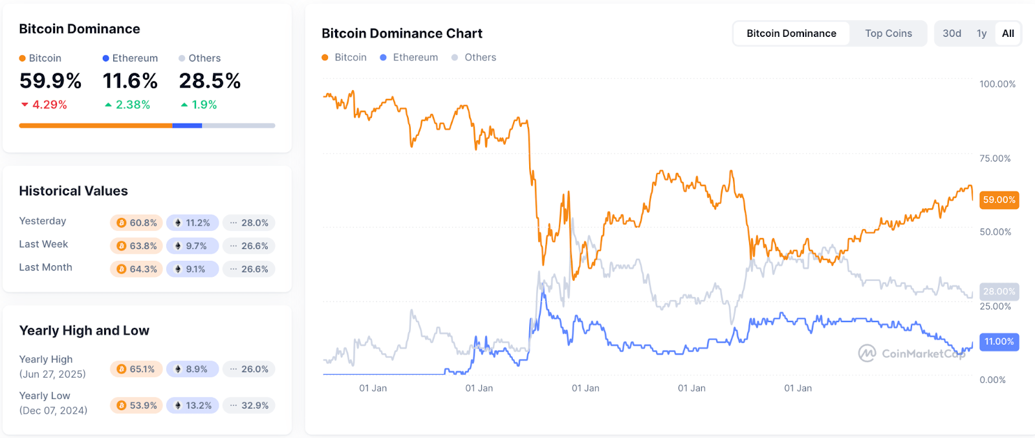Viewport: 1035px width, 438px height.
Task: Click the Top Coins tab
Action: (x=888, y=34)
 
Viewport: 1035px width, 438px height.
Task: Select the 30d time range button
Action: (x=952, y=34)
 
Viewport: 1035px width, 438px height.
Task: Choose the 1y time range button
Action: (x=981, y=34)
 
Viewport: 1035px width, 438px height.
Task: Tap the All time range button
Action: (x=1008, y=34)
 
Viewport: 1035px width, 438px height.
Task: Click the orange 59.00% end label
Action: (x=999, y=200)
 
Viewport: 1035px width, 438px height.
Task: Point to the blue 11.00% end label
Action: (x=999, y=342)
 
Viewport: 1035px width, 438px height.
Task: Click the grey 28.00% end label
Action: (x=999, y=292)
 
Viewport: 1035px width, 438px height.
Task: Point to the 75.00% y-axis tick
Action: (x=995, y=159)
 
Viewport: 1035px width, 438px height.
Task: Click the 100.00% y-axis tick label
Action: (x=997, y=84)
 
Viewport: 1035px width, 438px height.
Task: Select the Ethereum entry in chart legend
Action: (x=415, y=58)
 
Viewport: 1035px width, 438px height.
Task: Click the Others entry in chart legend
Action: (x=479, y=58)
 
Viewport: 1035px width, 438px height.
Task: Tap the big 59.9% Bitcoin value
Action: (x=50, y=81)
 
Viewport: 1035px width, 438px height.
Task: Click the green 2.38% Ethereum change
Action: (x=132, y=105)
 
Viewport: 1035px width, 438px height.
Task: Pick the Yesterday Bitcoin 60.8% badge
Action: (x=136, y=223)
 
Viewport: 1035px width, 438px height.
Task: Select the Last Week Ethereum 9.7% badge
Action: (x=192, y=246)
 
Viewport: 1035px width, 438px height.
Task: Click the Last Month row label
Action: (x=45, y=267)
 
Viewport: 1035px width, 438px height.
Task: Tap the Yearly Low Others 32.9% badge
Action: (x=249, y=406)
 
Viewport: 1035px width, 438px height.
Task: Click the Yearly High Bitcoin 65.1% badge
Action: (x=136, y=369)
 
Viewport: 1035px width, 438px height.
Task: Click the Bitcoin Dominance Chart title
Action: (x=402, y=34)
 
